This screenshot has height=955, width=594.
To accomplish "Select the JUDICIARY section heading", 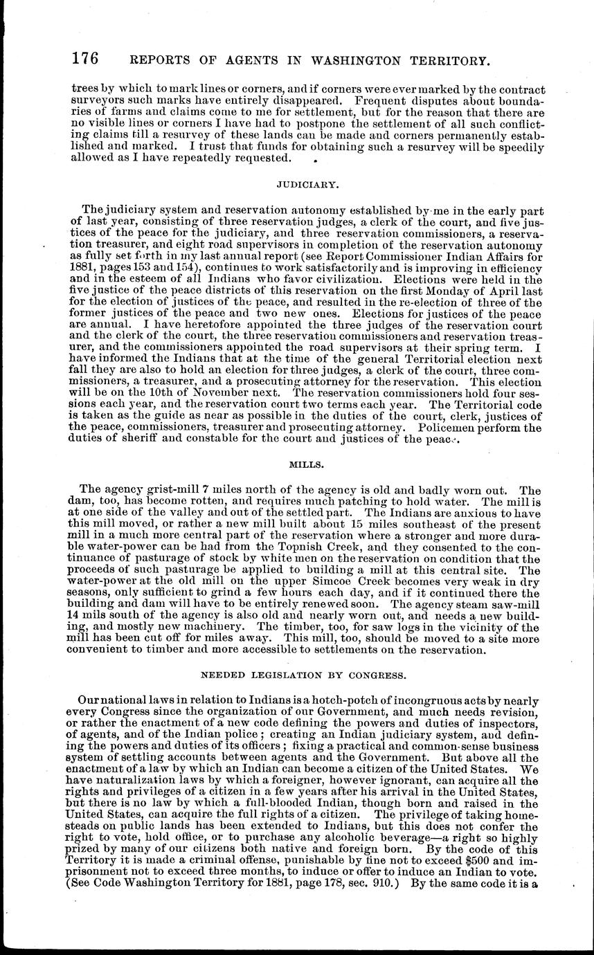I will (x=297, y=185).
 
